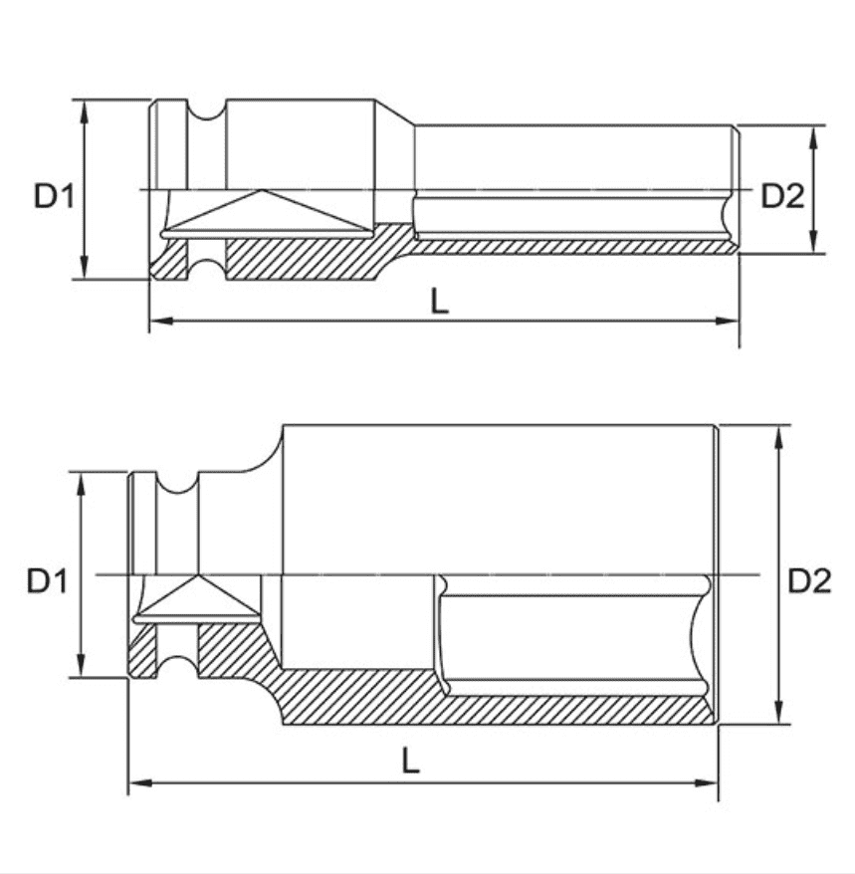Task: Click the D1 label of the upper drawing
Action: coord(54,196)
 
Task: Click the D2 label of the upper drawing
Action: coord(782,196)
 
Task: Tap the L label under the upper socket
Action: coord(440,302)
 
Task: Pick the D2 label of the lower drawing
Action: coord(809,581)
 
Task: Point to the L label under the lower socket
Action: coord(411,761)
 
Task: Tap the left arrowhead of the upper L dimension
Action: coord(161,321)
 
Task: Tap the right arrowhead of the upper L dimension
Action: coord(727,321)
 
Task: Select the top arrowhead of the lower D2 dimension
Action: coord(779,438)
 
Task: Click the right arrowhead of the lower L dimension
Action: coord(706,783)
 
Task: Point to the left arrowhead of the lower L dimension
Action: coord(141,783)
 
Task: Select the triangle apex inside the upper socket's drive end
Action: coord(260,191)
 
